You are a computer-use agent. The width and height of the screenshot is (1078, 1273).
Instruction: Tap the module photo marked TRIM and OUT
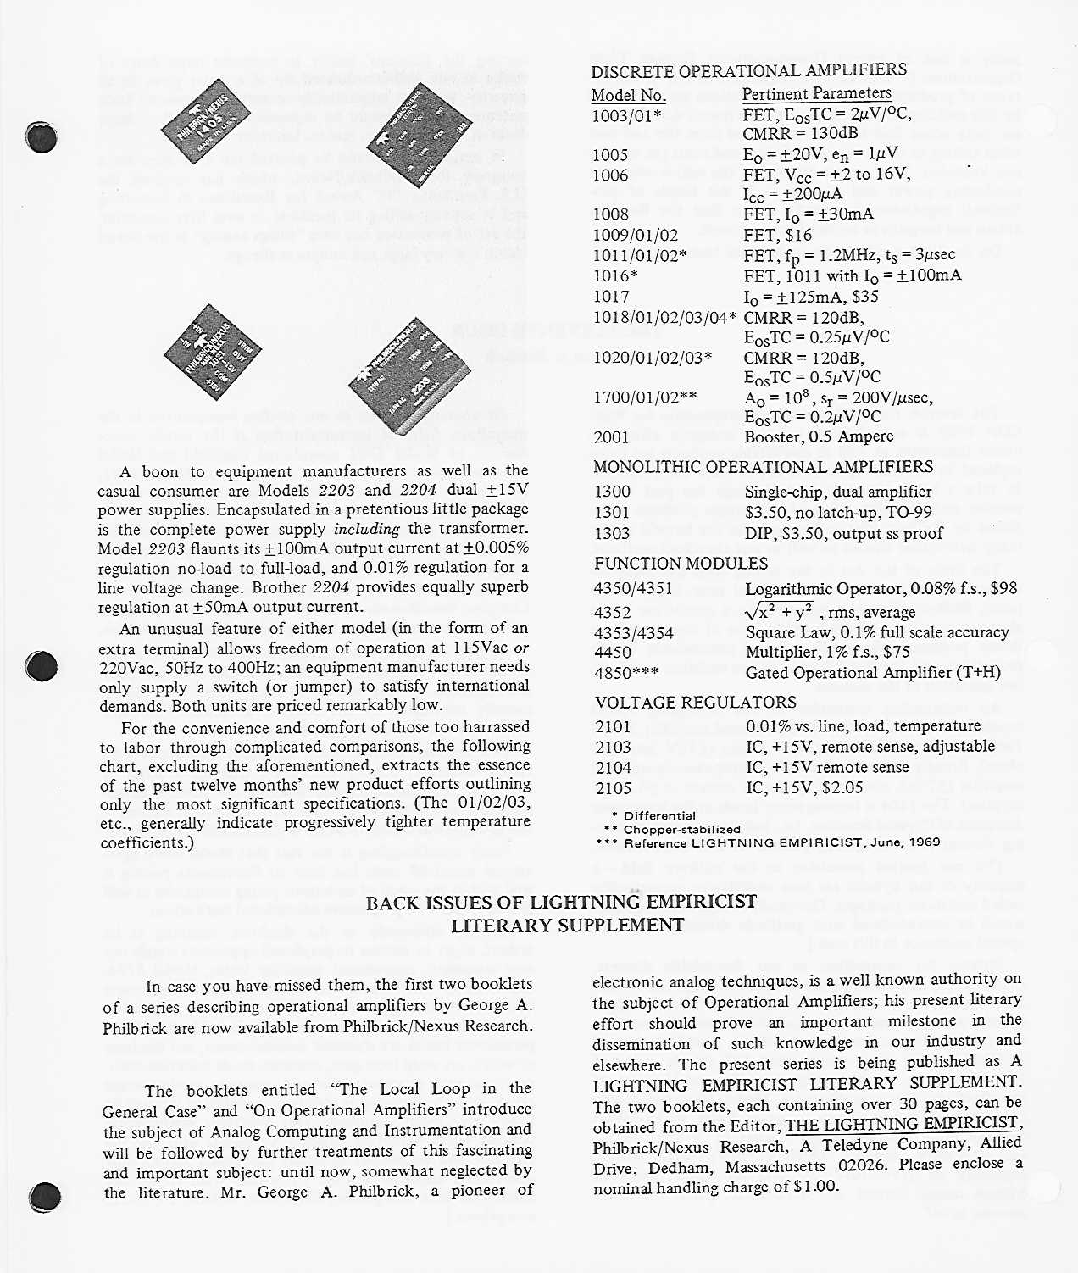click(212, 348)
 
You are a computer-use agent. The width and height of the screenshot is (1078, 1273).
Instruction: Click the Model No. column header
click(628, 95)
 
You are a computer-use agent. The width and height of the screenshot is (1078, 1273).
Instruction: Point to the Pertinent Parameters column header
click(816, 94)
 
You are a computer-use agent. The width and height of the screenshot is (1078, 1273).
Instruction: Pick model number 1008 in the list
click(610, 214)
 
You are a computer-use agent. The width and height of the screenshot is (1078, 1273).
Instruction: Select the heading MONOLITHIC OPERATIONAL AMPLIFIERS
click(763, 467)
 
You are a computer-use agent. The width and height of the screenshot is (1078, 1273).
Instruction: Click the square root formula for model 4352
click(780, 610)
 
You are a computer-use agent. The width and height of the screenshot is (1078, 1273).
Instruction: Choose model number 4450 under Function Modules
click(613, 653)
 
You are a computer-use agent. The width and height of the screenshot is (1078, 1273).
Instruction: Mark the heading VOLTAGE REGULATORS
click(695, 703)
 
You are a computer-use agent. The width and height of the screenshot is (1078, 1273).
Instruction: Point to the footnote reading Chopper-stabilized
click(682, 830)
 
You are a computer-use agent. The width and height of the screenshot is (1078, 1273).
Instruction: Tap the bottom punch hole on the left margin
click(43, 1197)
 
